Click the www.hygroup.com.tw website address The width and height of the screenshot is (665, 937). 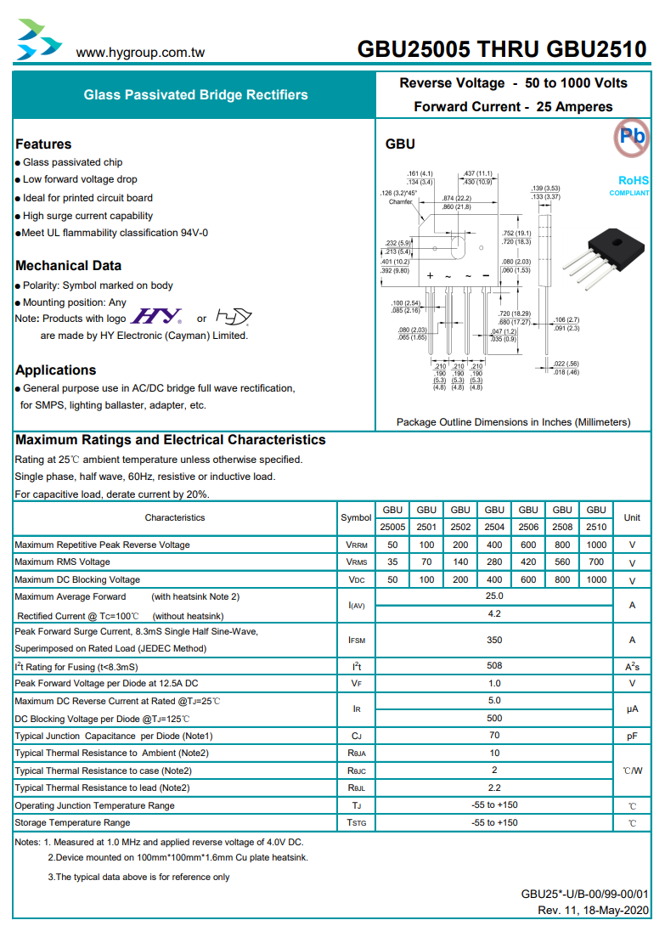point(140,53)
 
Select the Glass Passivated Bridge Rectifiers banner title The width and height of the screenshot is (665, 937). point(195,95)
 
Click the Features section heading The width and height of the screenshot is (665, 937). point(43,144)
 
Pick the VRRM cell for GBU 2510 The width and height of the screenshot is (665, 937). point(596,545)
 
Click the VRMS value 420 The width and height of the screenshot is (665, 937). point(528,562)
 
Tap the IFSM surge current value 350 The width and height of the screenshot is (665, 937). point(494,640)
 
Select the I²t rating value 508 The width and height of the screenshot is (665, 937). point(494,667)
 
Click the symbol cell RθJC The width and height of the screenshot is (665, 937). point(357,770)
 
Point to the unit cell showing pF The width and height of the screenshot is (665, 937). point(632,736)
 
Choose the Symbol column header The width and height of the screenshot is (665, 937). point(357,517)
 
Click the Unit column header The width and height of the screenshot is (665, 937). point(632,517)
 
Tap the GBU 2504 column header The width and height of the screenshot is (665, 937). point(494,517)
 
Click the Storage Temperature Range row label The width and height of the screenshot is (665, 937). point(73,822)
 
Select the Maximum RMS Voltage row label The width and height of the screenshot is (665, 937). point(62,562)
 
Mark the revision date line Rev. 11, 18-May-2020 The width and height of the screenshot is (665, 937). point(593,911)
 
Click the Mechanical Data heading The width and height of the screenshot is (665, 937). point(68,266)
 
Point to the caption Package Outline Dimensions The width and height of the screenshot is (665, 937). point(513,421)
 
